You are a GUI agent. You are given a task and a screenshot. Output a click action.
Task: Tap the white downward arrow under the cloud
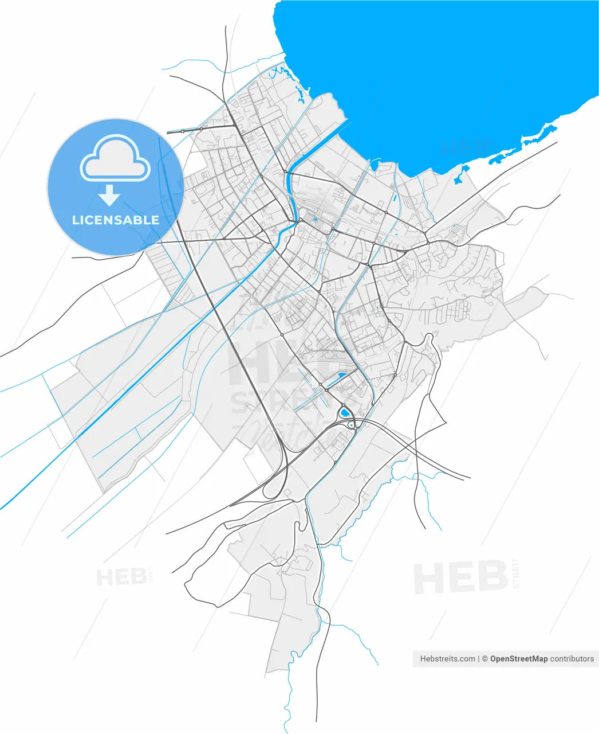109,197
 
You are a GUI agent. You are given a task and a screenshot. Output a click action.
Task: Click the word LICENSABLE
115,220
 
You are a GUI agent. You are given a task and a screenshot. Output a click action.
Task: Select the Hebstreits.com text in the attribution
447,659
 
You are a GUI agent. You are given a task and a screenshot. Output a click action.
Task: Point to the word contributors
572,659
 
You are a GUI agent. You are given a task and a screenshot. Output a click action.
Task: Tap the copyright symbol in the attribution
484,659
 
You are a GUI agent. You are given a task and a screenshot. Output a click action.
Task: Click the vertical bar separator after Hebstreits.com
478,659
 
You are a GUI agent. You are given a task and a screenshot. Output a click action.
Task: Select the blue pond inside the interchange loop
344,412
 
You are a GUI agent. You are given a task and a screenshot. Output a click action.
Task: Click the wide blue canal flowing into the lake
294,189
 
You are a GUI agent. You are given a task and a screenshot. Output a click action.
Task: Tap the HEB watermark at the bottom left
122,577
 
